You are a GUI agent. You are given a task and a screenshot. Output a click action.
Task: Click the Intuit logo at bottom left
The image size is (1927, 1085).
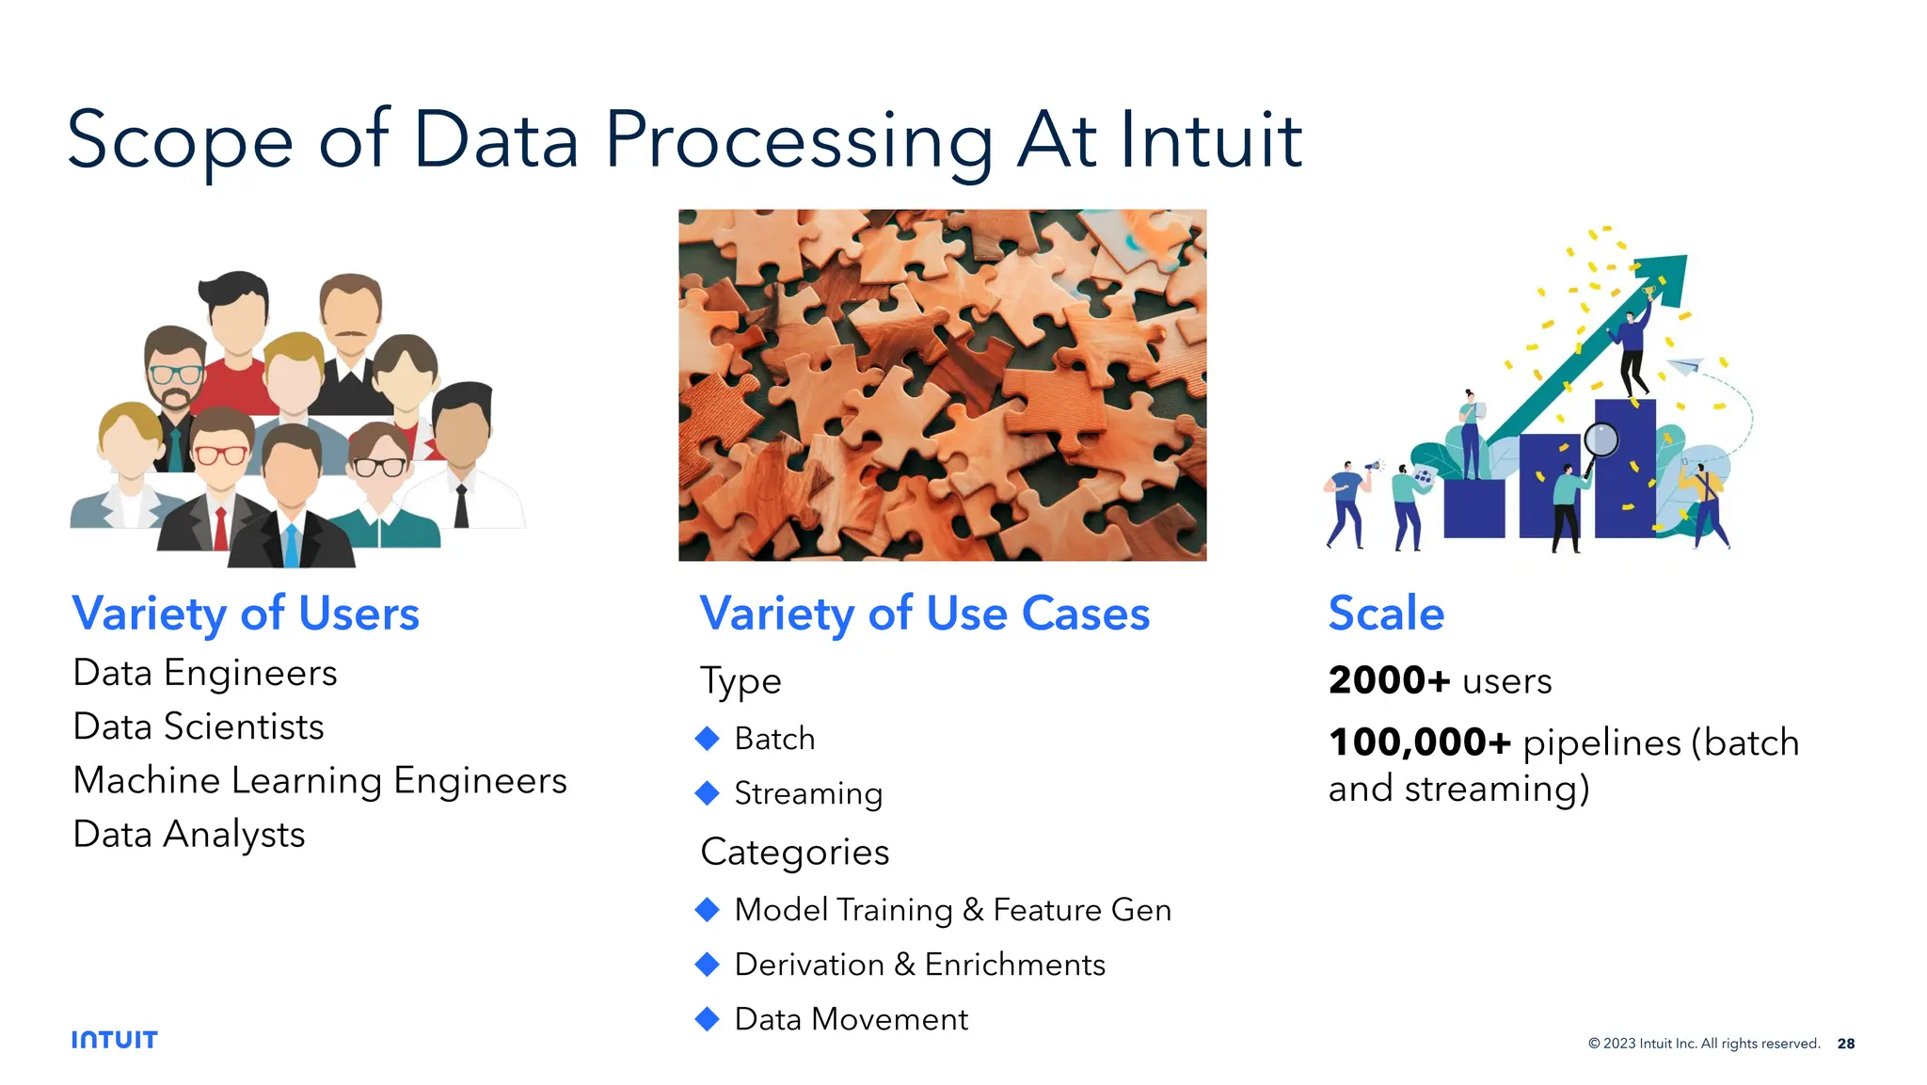click(114, 1039)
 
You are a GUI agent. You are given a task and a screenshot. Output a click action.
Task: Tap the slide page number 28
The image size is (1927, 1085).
click(1845, 1043)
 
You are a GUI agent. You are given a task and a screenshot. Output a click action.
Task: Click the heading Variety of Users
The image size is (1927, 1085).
click(246, 614)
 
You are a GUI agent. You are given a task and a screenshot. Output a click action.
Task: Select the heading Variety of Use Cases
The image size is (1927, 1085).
click(924, 614)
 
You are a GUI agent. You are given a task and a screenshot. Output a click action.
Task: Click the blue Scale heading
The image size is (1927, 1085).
click(1385, 614)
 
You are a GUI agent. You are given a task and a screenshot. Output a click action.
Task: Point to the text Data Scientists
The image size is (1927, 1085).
click(199, 726)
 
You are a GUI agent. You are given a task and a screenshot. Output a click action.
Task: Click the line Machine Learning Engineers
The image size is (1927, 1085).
click(320, 780)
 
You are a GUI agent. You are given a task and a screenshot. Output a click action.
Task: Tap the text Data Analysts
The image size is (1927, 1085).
click(189, 834)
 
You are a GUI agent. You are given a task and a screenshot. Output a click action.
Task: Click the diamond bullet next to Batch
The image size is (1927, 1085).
click(707, 739)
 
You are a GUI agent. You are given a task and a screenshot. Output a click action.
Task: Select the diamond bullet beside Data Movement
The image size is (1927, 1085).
click(707, 1019)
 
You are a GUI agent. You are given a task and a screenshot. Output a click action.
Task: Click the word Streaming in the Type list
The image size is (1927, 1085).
click(808, 793)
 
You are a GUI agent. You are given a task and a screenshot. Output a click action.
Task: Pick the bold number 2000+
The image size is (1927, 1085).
click(1389, 680)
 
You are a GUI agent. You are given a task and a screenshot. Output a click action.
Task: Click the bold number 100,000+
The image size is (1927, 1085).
click(1419, 742)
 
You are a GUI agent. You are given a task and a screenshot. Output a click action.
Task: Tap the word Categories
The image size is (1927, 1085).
click(795, 852)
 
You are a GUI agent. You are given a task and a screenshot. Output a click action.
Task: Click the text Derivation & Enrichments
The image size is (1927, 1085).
click(919, 965)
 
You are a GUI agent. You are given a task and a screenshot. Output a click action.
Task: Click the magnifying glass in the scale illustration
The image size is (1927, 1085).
click(1601, 439)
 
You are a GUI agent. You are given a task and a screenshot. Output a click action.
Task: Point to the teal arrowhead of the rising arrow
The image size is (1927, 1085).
click(1666, 273)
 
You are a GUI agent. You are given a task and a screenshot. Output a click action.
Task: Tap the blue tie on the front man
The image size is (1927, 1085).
click(291, 545)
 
